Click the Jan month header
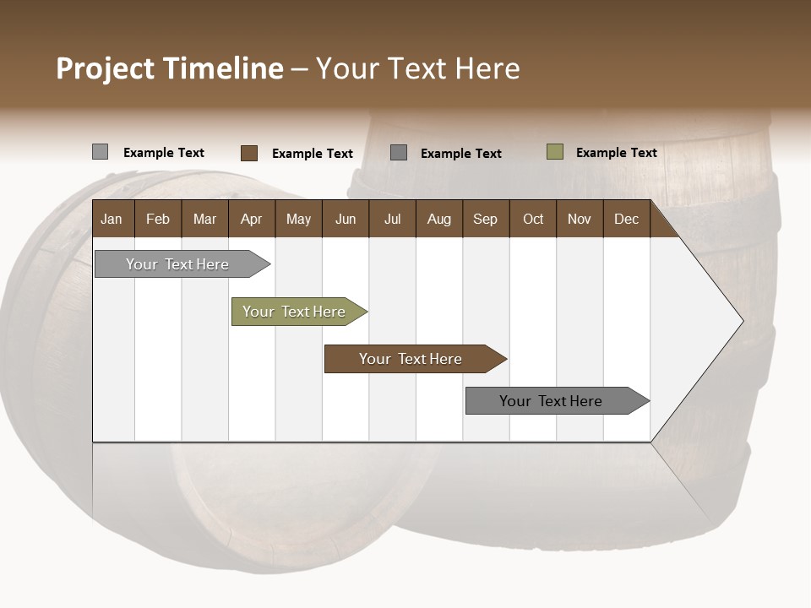click(x=112, y=219)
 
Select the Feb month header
click(x=158, y=219)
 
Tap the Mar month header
click(x=204, y=219)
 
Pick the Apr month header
click(x=252, y=219)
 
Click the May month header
click(x=298, y=219)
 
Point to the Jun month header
click(x=346, y=219)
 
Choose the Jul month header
click(x=392, y=219)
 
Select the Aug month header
click(x=439, y=219)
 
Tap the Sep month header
click(x=486, y=219)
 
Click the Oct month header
click(x=533, y=219)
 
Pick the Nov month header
click(x=580, y=219)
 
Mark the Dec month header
click(x=627, y=219)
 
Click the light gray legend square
click(x=100, y=152)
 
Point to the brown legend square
click(x=248, y=153)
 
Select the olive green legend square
click(x=554, y=152)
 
